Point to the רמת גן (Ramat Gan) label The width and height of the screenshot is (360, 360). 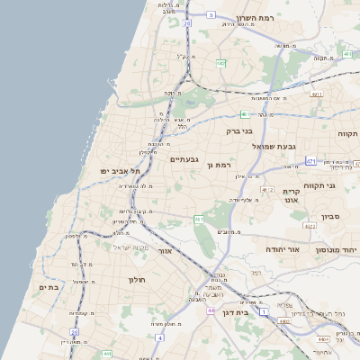(x=219, y=165)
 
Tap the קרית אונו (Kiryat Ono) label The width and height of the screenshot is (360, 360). (x=290, y=198)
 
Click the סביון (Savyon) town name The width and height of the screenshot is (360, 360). (x=329, y=216)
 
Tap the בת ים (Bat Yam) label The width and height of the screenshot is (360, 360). (x=48, y=287)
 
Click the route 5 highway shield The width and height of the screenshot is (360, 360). (x=210, y=14)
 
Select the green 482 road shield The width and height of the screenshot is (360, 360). (x=220, y=63)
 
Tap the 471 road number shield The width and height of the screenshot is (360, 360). (x=310, y=161)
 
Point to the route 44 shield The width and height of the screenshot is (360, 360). (x=210, y=310)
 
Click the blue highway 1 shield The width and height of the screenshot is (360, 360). (x=263, y=311)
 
